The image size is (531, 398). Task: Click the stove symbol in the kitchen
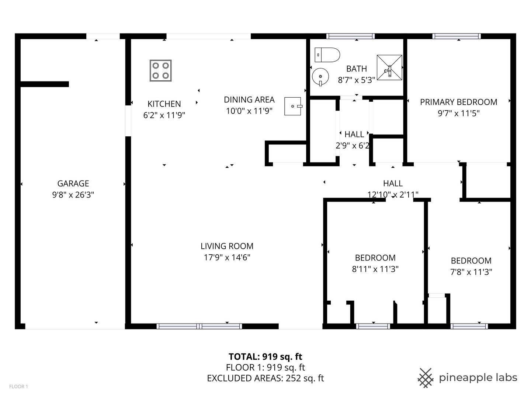pos(160,70)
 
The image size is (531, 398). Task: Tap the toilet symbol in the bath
pos(327,55)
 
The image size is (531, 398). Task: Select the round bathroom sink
pos(320,77)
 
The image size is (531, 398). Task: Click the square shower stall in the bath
pos(389,67)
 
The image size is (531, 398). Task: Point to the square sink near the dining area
pos(293,107)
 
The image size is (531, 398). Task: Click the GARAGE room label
pos(73,184)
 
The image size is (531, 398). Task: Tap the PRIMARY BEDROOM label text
pos(458,102)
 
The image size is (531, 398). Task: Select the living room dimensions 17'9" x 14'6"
pos(227,257)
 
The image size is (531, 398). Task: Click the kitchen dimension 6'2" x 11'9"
pos(164,115)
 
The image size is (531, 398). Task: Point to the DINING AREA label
pos(249,99)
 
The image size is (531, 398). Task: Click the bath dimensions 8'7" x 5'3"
pos(356,80)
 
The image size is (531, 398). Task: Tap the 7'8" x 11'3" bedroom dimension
pos(471,272)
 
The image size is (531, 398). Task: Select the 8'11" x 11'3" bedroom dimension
pos(375,269)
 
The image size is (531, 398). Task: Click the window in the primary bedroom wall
pos(457,36)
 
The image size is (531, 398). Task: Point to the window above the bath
pos(350,36)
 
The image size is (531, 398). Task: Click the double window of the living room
pos(199,326)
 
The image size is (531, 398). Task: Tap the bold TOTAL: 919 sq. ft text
pos(265,356)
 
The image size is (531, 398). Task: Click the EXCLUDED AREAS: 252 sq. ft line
pos(265,378)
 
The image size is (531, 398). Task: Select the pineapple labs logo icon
pos(426,378)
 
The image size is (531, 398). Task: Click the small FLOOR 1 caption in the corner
pos(19,387)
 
